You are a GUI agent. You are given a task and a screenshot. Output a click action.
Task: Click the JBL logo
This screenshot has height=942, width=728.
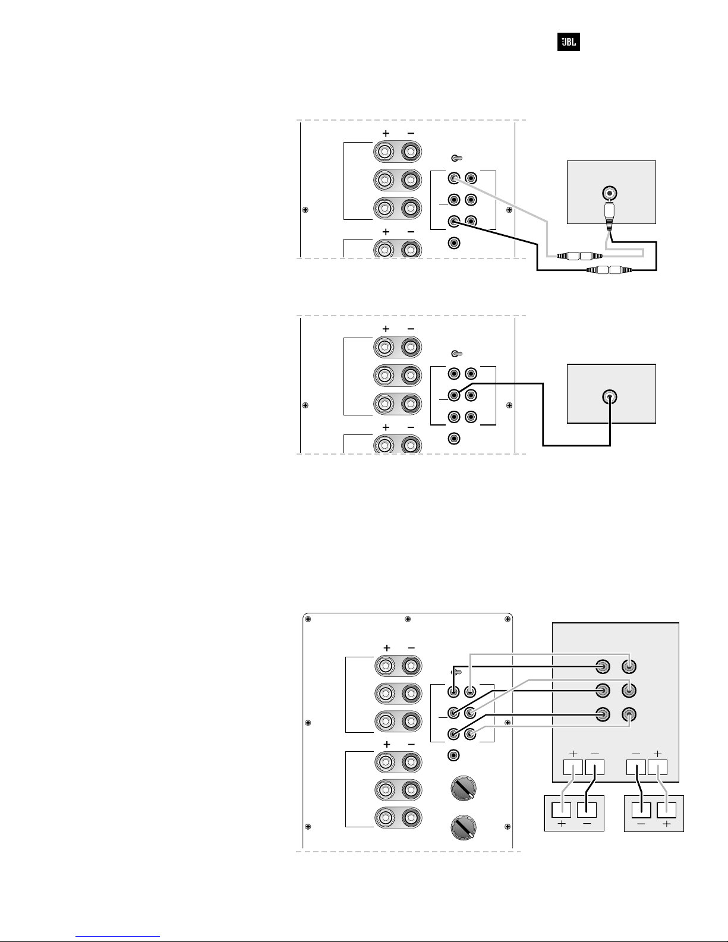568,42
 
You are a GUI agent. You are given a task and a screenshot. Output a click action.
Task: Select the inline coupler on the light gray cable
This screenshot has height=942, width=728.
579,256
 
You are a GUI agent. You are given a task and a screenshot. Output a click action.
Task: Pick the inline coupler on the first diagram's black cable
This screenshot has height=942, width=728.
609,270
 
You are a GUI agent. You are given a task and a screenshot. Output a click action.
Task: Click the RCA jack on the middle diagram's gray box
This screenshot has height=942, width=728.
610,396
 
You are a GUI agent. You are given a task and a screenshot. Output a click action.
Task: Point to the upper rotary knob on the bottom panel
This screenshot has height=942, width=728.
463,788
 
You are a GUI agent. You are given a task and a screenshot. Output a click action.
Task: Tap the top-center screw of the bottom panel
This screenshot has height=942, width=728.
407,619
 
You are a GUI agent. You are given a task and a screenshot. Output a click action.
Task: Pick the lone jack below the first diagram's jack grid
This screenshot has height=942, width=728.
453,242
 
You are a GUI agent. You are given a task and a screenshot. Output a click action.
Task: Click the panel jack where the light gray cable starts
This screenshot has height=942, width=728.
453,178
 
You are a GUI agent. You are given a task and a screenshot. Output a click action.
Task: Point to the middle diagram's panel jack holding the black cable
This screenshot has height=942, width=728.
453,395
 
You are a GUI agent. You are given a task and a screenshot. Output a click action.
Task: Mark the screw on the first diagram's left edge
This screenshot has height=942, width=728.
305,210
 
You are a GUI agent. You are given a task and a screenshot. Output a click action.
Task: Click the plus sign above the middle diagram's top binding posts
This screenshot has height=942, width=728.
386,329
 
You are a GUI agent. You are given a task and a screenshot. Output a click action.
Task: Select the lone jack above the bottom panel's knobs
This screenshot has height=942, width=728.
453,755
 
